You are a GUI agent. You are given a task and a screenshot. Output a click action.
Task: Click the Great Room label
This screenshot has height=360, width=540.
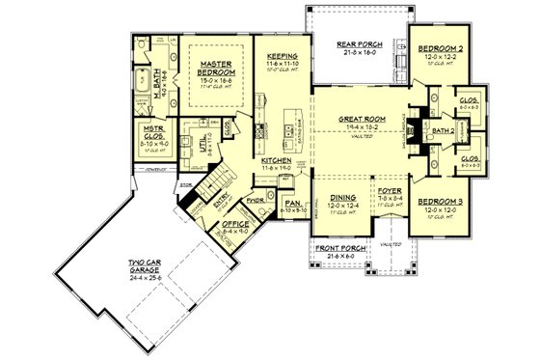(361, 119)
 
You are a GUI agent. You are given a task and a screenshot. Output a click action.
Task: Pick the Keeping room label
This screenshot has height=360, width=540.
(282, 57)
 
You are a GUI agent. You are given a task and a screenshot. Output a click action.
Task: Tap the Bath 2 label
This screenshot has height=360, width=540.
(444, 128)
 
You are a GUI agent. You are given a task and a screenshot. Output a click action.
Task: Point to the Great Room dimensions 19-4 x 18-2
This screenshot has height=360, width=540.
(361, 126)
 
